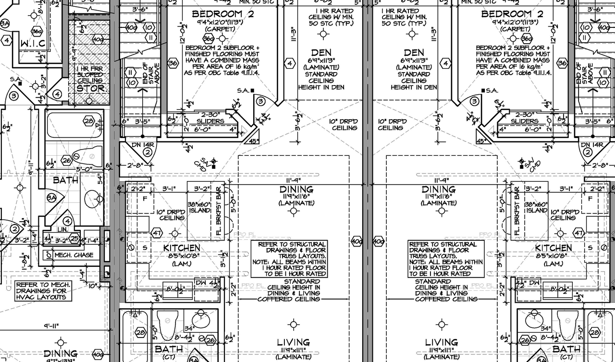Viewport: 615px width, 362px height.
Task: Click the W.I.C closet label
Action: click(33, 44)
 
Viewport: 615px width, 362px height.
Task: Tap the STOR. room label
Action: click(91, 88)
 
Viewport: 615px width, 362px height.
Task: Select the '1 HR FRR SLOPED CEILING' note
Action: click(90, 75)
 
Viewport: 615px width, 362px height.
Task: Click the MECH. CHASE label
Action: click(74, 255)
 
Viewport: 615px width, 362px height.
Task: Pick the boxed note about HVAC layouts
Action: click(43, 291)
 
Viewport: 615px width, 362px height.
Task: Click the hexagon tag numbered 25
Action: click(74, 237)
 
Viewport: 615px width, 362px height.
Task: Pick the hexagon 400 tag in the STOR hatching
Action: click(98, 39)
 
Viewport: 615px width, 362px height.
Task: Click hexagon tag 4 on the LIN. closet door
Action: click(68, 222)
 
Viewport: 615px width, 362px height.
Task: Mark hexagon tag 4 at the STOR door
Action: click(58, 94)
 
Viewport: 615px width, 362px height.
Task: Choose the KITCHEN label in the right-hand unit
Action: click(553, 248)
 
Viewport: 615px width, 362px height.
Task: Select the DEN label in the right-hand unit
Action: click(414, 52)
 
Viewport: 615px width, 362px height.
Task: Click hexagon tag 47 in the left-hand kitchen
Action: click(157, 233)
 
